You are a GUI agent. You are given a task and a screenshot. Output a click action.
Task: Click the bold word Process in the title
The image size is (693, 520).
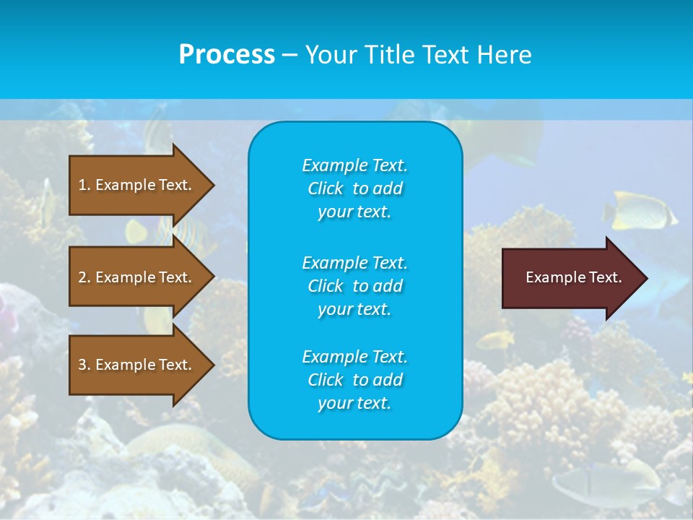click(x=227, y=55)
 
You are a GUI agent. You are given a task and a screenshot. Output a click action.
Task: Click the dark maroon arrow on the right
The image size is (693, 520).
click(x=570, y=278)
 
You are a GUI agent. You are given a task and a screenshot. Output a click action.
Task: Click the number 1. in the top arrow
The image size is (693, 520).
click(x=84, y=185)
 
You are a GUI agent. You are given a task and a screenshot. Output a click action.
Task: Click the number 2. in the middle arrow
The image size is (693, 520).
click(x=84, y=277)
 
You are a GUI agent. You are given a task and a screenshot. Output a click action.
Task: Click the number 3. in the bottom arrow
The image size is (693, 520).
click(x=84, y=365)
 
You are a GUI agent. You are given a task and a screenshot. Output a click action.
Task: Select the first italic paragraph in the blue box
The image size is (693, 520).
click(x=354, y=188)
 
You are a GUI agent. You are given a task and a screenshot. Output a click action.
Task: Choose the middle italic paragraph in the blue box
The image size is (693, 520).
click(x=354, y=285)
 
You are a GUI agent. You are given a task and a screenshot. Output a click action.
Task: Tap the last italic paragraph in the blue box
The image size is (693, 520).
click(x=354, y=380)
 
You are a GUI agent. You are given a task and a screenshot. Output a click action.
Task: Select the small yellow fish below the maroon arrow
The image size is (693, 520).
click(x=496, y=339)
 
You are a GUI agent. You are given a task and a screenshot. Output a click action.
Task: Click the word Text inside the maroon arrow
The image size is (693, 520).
click(x=606, y=277)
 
